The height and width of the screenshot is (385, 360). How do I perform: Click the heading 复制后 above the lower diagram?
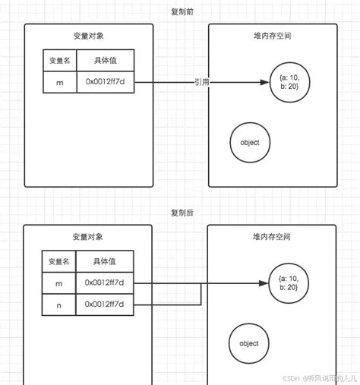(x=182, y=213)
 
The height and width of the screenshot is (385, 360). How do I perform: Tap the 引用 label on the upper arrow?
(x=202, y=82)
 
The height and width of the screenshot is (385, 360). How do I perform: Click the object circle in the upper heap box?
(x=250, y=142)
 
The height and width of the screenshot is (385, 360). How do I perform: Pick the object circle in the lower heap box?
(x=249, y=343)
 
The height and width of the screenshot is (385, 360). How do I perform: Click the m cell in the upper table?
(x=59, y=82)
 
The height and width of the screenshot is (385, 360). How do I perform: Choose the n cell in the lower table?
(x=59, y=305)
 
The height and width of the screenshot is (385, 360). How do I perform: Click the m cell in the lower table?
(x=59, y=283)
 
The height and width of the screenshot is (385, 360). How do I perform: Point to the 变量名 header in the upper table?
(x=59, y=61)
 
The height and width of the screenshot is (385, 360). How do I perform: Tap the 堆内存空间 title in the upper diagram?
(x=272, y=36)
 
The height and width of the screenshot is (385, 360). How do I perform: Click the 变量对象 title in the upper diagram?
(x=88, y=36)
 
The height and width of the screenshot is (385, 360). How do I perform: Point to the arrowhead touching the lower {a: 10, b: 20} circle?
(x=267, y=284)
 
